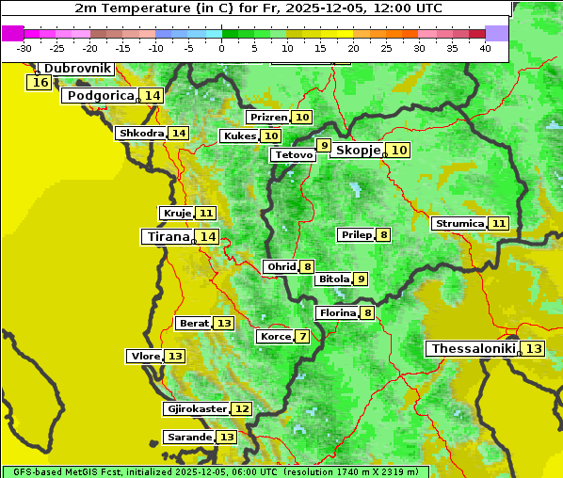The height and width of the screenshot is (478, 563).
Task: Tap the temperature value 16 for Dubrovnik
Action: pos(40,83)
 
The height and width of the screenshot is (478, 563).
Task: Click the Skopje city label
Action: pos(357,151)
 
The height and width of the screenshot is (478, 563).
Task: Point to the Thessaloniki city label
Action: pos(473,349)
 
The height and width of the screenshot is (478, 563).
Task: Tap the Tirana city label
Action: pos(167,237)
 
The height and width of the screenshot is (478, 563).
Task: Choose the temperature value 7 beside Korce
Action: pos(302,337)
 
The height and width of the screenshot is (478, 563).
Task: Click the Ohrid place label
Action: pos(281,267)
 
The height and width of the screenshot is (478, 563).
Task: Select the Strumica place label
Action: pos(458,224)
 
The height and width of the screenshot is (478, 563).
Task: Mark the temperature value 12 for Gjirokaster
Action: pos(242,409)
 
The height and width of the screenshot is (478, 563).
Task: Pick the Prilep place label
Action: pos(356,234)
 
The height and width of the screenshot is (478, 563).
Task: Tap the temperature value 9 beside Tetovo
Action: pos(324,146)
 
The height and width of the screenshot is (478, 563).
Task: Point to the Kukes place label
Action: pos(239,136)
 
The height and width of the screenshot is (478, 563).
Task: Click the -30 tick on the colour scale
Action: pos(24,47)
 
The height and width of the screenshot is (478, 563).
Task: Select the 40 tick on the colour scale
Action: pos(485,47)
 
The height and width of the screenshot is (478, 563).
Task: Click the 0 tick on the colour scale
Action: pos(221,47)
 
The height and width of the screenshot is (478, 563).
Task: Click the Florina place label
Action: pos(337,313)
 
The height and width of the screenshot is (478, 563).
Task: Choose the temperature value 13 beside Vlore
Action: pos(175,357)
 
